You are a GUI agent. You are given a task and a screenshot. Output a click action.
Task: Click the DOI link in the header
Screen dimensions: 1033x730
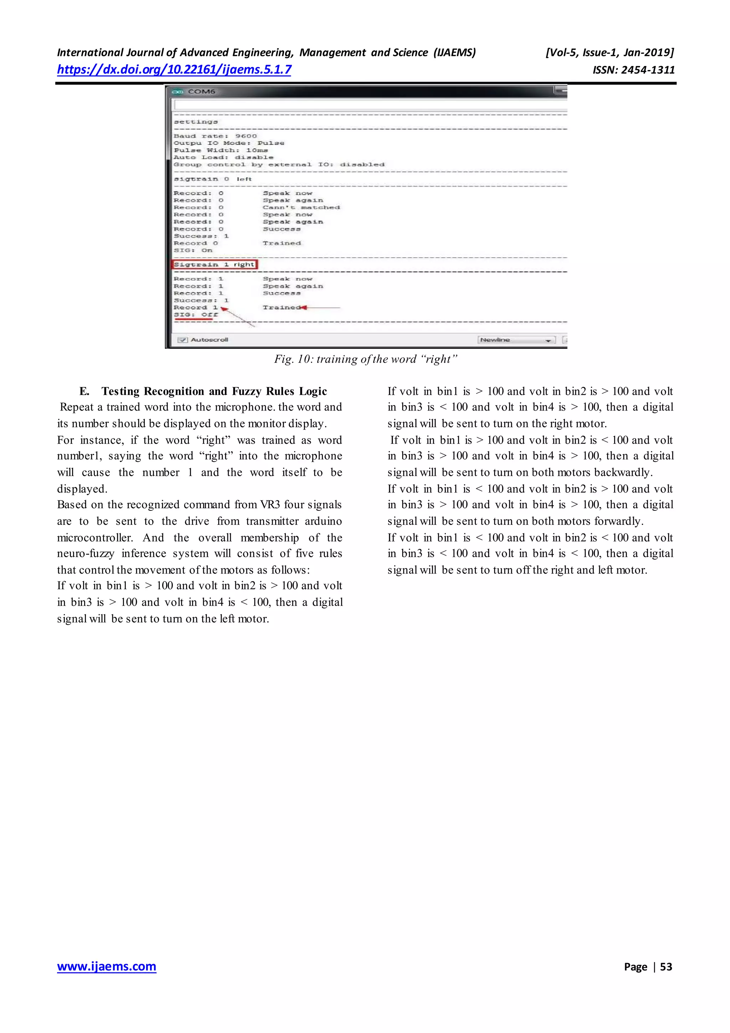(174, 70)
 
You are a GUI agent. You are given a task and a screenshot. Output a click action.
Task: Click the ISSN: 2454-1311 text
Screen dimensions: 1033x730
(633, 70)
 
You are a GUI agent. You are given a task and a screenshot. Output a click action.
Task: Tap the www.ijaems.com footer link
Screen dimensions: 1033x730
(107, 966)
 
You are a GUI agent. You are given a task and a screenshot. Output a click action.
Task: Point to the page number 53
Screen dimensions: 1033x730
(666, 967)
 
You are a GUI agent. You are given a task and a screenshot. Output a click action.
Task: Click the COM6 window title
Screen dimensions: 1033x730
(201, 92)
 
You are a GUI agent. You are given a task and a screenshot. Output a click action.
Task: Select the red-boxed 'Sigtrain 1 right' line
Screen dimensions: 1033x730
(214, 265)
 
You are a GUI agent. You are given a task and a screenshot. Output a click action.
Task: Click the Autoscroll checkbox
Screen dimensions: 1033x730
(182, 340)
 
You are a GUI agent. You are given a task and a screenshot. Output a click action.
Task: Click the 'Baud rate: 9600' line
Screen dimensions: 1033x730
(215, 136)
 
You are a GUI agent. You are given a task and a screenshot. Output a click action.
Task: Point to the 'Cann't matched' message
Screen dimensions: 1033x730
(301, 207)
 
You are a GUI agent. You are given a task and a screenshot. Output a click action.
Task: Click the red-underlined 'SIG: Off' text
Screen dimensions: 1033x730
(196, 315)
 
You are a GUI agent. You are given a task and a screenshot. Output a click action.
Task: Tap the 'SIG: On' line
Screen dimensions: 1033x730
(193, 250)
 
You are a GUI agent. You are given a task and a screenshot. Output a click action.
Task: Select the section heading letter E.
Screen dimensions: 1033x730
(84, 391)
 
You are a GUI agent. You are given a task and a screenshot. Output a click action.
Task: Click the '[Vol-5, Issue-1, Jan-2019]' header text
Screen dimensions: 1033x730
(610, 53)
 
